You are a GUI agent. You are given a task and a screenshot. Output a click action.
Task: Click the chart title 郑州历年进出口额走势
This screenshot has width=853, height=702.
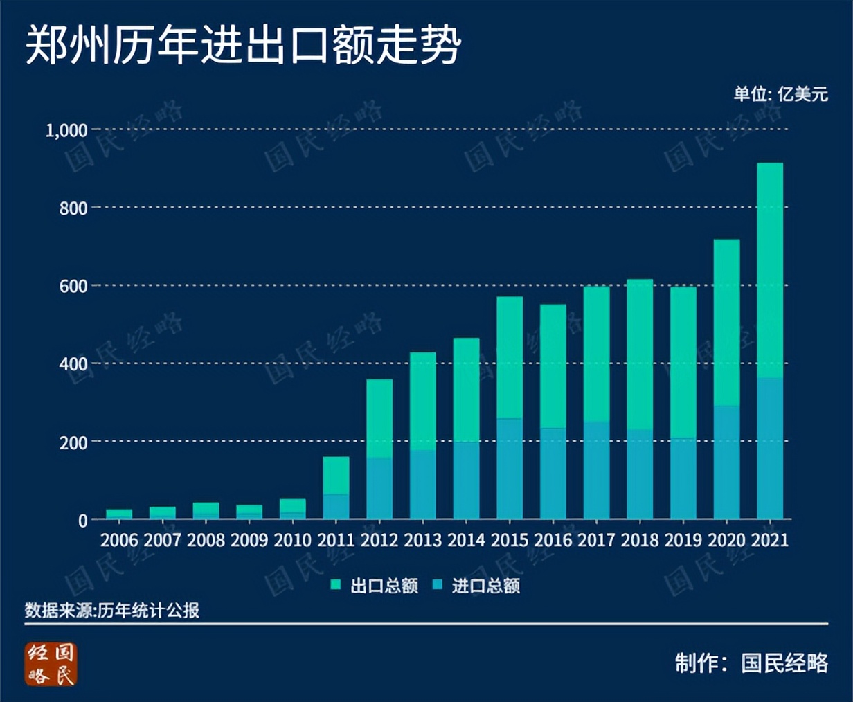click(243, 46)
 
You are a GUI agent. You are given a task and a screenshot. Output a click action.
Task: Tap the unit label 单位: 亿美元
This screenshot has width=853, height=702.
click(780, 93)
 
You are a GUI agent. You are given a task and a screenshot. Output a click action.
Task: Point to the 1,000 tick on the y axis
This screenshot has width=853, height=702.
click(66, 130)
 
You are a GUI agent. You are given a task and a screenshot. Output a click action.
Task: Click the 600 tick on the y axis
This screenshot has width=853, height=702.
click(73, 286)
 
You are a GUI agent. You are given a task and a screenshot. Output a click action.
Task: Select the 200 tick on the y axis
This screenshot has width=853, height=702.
click(73, 442)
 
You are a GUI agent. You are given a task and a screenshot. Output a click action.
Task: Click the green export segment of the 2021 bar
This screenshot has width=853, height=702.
click(770, 270)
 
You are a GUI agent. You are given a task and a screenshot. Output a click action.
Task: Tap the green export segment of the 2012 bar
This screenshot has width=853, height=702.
click(379, 418)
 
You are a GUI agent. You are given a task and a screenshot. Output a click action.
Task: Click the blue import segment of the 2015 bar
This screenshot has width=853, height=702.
click(510, 469)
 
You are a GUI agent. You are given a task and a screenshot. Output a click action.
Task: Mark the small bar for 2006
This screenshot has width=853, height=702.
click(119, 514)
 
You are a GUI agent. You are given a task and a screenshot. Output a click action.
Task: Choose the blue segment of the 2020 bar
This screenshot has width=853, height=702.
click(726, 462)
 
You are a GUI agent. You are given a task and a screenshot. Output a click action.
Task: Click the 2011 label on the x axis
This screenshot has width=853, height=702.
click(336, 540)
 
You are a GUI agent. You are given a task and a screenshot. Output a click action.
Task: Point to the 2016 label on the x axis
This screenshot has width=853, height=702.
click(553, 540)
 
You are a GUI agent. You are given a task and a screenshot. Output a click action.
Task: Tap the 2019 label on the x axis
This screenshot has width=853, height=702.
click(683, 540)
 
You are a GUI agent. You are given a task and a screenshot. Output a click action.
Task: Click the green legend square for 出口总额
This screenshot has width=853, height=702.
click(336, 585)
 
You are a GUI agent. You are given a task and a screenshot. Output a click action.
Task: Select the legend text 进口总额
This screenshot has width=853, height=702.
click(485, 586)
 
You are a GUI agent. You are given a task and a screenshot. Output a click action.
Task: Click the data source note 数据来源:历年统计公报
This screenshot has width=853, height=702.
click(112, 610)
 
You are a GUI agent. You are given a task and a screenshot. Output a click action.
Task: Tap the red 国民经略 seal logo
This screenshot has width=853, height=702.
click(51, 664)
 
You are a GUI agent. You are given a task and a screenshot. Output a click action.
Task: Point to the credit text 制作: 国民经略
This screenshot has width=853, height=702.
click(751, 663)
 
